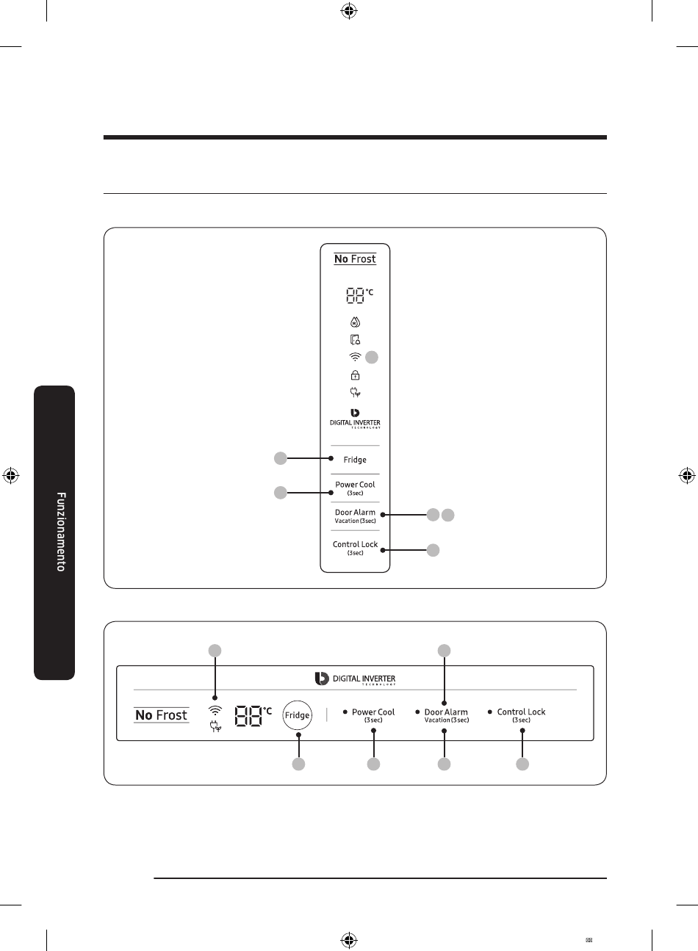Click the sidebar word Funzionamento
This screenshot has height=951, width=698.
(x=61, y=532)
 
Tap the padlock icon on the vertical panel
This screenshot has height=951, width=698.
(x=355, y=375)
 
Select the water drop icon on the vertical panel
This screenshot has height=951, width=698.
(x=355, y=322)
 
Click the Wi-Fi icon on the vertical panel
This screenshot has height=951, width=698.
(x=355, y=357)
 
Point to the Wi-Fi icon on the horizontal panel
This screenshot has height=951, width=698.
(x=215, y=710)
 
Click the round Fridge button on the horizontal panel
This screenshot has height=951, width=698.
(x=298, y=715)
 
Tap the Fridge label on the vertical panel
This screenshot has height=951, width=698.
(x=355, y=460)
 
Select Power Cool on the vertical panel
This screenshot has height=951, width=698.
(x=355, y=485)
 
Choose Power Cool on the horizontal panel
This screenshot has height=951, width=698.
(x=373, y=712)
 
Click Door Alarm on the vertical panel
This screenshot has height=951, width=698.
(x=355, y=513)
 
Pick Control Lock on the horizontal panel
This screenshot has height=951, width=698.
(x=521, y=712)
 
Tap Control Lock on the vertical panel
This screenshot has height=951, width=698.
(x=355, y=544)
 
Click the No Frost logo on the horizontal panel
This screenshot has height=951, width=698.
(x=162, y=715)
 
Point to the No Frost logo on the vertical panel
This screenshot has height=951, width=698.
(x=355, y=259)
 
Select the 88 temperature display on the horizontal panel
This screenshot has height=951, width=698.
(x=248, y=716)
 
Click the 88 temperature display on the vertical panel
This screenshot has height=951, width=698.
(x=355, y=295)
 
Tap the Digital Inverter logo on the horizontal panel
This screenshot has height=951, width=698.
(x=355, y=679)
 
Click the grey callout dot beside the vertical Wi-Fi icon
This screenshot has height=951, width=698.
(x=372, y=357)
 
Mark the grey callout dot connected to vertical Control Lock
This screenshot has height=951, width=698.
(x=433, y=550)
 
